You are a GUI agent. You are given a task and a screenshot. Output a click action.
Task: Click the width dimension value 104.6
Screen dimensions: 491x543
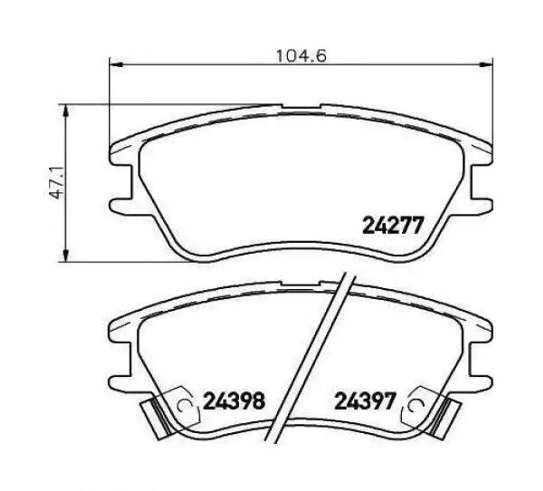pos(301,56)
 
